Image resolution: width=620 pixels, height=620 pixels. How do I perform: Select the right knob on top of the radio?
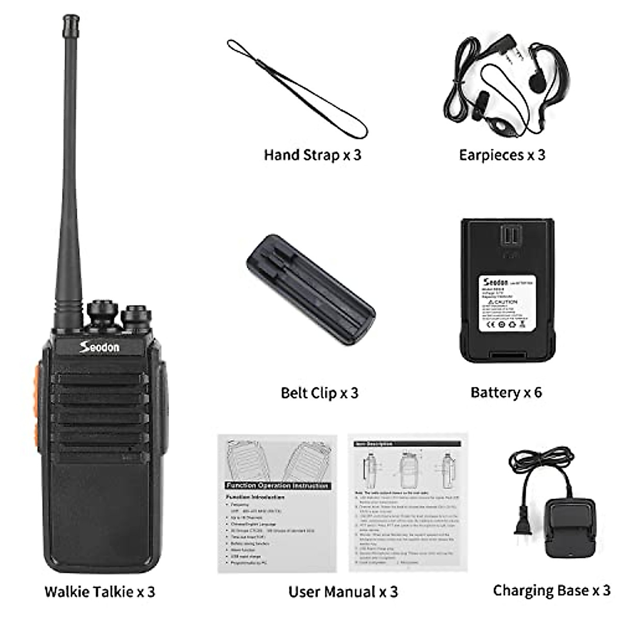(136, 315)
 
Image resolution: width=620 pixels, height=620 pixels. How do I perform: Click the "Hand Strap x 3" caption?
(312, 155)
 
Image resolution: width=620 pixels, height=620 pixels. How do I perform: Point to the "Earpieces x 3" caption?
(502, 155)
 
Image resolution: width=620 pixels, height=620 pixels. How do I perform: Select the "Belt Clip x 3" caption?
(319, 393)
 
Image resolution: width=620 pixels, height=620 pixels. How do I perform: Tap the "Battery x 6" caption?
(506, 392)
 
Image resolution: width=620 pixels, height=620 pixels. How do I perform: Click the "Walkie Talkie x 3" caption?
(100, 591)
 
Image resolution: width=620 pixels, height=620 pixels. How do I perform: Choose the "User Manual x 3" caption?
(343, 591)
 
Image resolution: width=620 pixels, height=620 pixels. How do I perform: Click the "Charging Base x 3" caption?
(551, 590)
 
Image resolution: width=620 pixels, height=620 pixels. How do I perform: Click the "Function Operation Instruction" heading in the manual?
(277, 486)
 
